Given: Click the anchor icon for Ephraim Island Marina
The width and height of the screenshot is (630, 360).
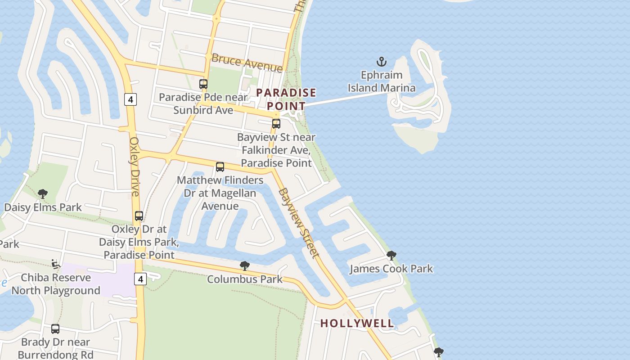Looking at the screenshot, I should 382,62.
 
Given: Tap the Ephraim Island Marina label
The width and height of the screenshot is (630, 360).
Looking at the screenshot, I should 382,81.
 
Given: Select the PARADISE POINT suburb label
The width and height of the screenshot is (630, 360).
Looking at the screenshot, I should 286,99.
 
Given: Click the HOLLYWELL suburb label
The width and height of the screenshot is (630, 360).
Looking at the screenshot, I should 357,323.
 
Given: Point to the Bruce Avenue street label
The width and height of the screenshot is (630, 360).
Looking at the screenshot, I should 247,63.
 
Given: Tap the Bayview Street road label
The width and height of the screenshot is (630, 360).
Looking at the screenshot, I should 299,223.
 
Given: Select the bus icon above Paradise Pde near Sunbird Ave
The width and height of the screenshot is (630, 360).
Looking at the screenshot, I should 203,84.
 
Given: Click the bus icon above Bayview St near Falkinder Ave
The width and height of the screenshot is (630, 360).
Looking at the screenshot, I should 276,124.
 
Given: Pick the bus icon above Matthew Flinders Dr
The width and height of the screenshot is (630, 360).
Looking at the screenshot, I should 220,167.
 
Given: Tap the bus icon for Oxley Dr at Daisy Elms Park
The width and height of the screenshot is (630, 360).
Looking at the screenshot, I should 139,216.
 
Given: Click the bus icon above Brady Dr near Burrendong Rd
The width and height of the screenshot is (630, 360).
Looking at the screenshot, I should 55,329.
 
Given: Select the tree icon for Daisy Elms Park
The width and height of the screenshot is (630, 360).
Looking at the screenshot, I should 43,194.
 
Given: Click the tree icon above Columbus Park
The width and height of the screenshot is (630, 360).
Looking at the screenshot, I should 245,266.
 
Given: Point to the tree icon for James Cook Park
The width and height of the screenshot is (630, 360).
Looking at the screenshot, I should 391,256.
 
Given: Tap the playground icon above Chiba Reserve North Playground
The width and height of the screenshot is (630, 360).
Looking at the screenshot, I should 56,264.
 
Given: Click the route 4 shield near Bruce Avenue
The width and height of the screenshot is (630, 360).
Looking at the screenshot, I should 130,99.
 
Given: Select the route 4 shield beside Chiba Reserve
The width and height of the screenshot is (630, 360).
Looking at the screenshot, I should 140,279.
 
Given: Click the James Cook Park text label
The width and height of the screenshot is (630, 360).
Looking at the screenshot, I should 391,269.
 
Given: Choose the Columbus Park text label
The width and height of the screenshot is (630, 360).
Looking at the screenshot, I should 245,279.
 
